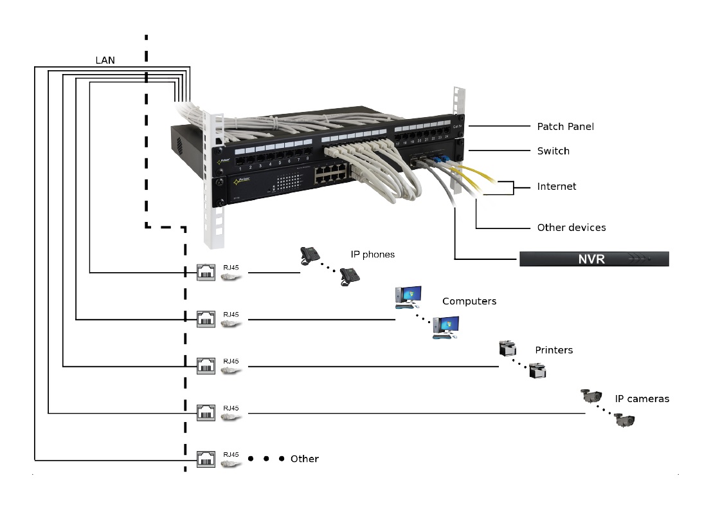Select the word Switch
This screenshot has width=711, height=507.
click(553, 151)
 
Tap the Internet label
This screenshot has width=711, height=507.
click(557, 187)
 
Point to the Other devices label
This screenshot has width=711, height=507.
click(571, 228)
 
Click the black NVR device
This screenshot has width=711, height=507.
click(594, 259)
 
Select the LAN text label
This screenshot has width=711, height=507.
click(106, 60)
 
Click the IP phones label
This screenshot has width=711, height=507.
click(372, 255)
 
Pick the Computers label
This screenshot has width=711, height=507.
click(469, 301)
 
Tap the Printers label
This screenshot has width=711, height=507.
click(553, 351)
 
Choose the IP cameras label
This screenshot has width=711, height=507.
click(642, 399)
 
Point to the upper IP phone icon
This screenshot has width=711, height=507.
click(309, 255)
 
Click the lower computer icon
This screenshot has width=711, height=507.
click(446, 328)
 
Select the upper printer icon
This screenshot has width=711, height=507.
click(507, 349)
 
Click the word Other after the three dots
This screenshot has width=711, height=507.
click(304, 459)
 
